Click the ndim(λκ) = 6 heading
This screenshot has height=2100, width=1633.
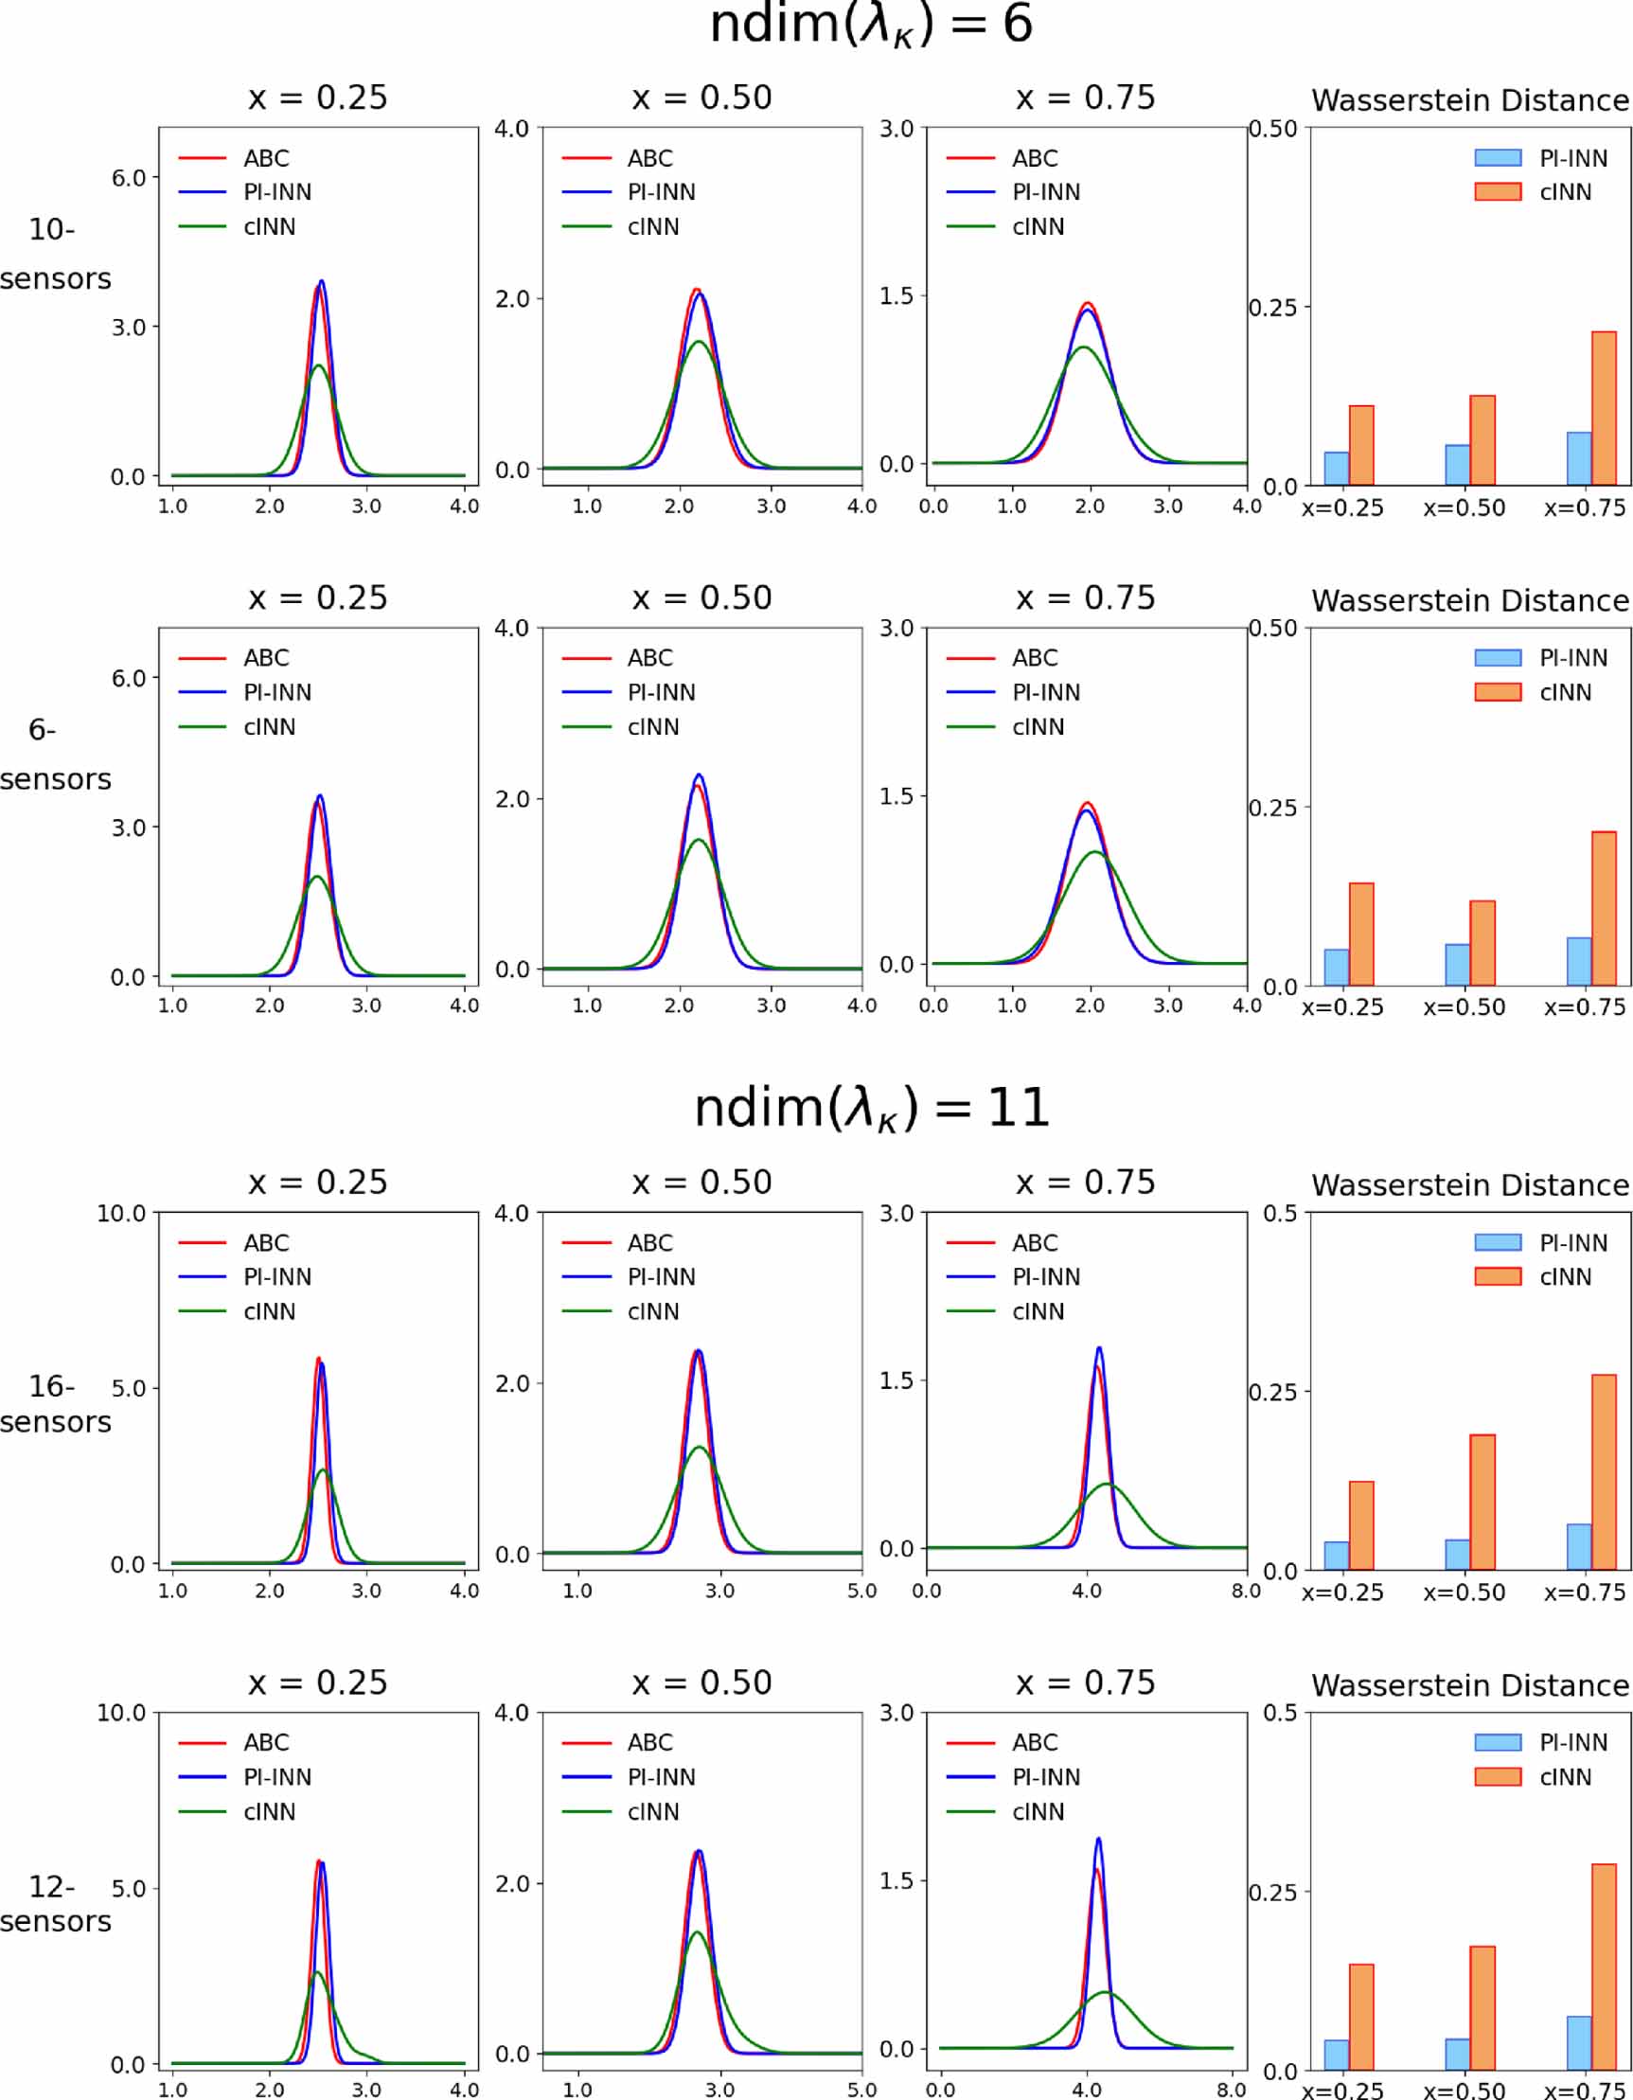coord(871,25)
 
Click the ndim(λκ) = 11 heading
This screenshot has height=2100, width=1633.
coord(871,1109)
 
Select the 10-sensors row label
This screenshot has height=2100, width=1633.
coord(55,254)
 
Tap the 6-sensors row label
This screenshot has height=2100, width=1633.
coord(55,755)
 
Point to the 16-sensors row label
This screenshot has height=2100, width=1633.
coord(55,1404)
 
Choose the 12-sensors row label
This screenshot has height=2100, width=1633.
coord(55,1904)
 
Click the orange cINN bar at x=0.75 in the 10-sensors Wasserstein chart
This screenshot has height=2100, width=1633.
coord(1604,409)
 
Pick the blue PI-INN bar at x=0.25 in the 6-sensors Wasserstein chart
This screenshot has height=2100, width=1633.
coord(1336,968)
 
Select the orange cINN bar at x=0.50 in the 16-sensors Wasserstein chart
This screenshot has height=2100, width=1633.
coord(1482,1502)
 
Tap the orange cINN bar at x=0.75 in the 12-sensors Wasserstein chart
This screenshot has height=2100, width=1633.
coord(1604,1967)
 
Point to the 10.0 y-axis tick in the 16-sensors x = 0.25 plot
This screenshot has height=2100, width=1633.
coord(121,1214)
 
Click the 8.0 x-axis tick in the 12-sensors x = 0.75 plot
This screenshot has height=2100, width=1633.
coord(1232,2090)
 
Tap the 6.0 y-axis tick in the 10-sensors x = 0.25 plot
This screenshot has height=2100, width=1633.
coord(128,178)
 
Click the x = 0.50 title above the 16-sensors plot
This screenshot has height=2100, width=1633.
coord(701,1183)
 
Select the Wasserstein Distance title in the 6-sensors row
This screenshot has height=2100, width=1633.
coord(1469,601)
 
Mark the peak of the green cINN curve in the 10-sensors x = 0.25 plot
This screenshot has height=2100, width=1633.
coord(318,365)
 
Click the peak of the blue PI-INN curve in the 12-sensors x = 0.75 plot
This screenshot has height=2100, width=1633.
coord(1097,1839)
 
